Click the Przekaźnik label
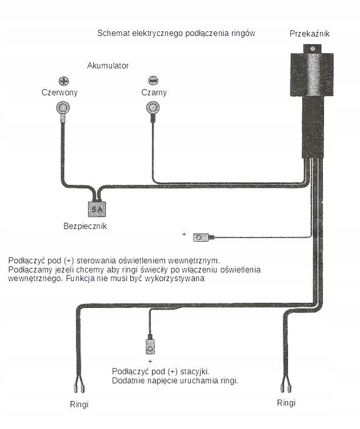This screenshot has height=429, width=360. point(309,34)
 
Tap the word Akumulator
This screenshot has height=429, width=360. point(108,66)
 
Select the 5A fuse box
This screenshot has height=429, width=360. point(97,210)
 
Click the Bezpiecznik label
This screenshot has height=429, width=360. point(85,226)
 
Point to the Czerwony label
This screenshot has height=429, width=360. point(59,93)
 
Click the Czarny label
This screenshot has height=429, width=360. point(154,93)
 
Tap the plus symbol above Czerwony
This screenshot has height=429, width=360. point(64,81)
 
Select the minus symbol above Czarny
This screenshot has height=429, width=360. point(153,81)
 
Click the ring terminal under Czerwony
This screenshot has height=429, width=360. point(63,107)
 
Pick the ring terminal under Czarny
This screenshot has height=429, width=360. point(153,107)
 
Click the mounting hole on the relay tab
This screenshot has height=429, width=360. point(313,49)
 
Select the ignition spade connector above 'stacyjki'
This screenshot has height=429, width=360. point(150,346)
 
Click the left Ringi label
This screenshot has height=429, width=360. point(79,404)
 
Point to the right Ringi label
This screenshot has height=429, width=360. point(286,403)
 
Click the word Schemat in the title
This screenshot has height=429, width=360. point(113,33)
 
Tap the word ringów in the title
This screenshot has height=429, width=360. point(243,34)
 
